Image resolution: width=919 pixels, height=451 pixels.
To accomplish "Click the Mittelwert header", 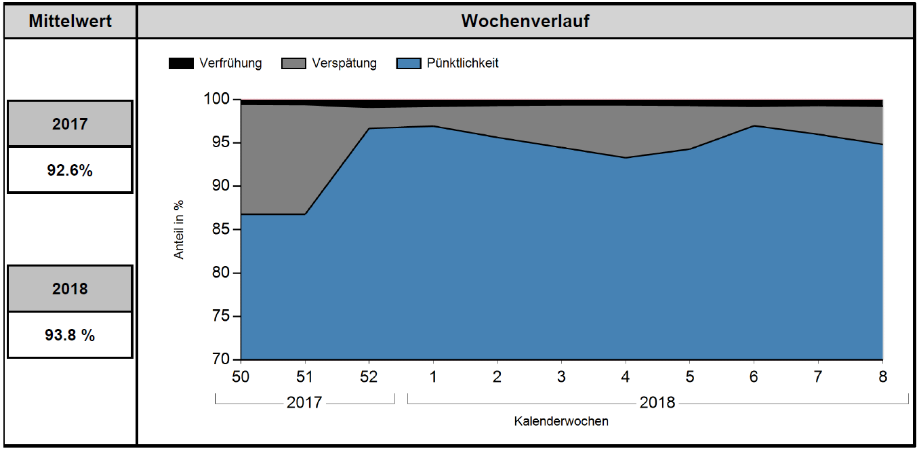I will (70, 21).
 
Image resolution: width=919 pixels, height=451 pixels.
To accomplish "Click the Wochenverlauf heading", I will (525, 21).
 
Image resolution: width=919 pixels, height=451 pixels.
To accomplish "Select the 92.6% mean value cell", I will (70, 170).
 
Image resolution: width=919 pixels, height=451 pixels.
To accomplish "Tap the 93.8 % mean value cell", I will (70, 334).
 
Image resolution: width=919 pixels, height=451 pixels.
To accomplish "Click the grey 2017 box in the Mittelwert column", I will (70, 124).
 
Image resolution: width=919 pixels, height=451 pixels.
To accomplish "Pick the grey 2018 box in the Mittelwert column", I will (70, 288).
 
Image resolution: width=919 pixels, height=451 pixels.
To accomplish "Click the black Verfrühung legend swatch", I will (180, 64).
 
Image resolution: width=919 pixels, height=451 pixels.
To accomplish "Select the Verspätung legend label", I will (344, 64).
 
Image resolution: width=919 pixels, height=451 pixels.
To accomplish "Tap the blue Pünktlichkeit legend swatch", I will (409, 64).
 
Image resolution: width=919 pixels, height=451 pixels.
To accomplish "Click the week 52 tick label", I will (369, 376).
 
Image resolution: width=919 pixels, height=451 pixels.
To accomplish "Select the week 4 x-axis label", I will (626, 376).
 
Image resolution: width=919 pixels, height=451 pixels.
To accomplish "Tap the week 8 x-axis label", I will (882, 376).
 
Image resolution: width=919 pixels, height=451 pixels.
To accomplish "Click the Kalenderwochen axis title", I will (561, 421).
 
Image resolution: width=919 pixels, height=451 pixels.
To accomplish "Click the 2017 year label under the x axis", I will (304, 403).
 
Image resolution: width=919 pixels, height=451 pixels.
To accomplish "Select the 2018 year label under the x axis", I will (657, 403).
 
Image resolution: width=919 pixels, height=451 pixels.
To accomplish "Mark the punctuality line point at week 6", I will (754, 125).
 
